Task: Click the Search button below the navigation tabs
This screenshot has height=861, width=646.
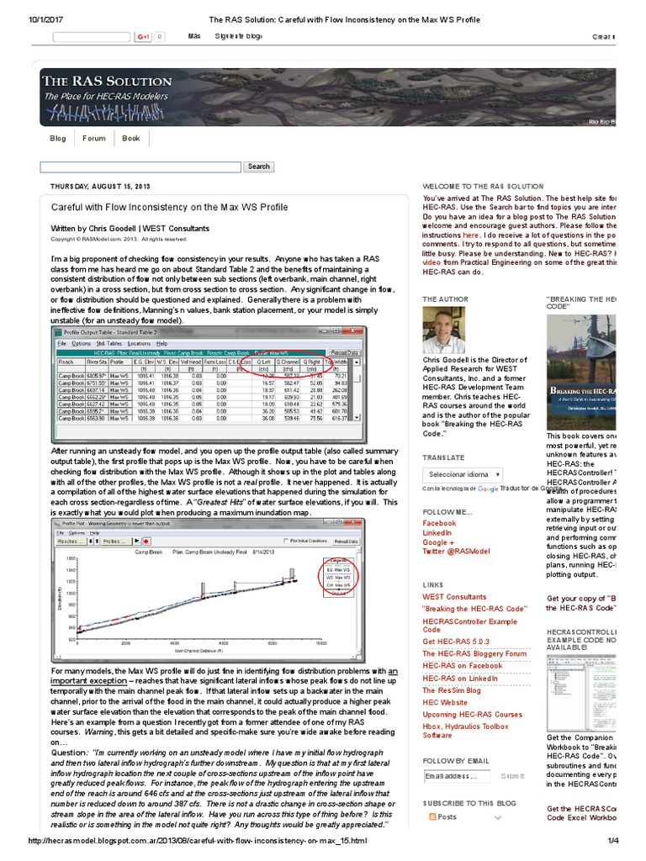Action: click(258, 166)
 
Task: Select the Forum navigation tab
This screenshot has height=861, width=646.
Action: click(94, 139)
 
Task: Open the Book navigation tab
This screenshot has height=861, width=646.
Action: click(131, 139)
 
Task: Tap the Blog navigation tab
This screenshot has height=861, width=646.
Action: click(58, 139)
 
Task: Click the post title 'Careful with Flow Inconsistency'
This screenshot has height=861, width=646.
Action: click(169, 207)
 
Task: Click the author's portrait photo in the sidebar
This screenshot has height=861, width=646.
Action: click(442, 330)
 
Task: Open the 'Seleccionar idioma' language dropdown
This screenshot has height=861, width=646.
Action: click(463, 474)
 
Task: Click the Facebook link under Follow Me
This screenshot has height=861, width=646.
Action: click(439, 523)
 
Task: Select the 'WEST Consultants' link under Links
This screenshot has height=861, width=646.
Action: click(454, 597)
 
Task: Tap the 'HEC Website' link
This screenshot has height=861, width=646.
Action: click(445, 702)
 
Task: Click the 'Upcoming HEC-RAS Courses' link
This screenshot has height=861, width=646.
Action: click(472, 715)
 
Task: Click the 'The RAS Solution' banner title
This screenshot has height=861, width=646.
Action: click(108, 82)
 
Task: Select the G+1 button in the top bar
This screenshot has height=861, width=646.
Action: click(143, 37)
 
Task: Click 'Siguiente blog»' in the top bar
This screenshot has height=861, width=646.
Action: click(239, 37)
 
